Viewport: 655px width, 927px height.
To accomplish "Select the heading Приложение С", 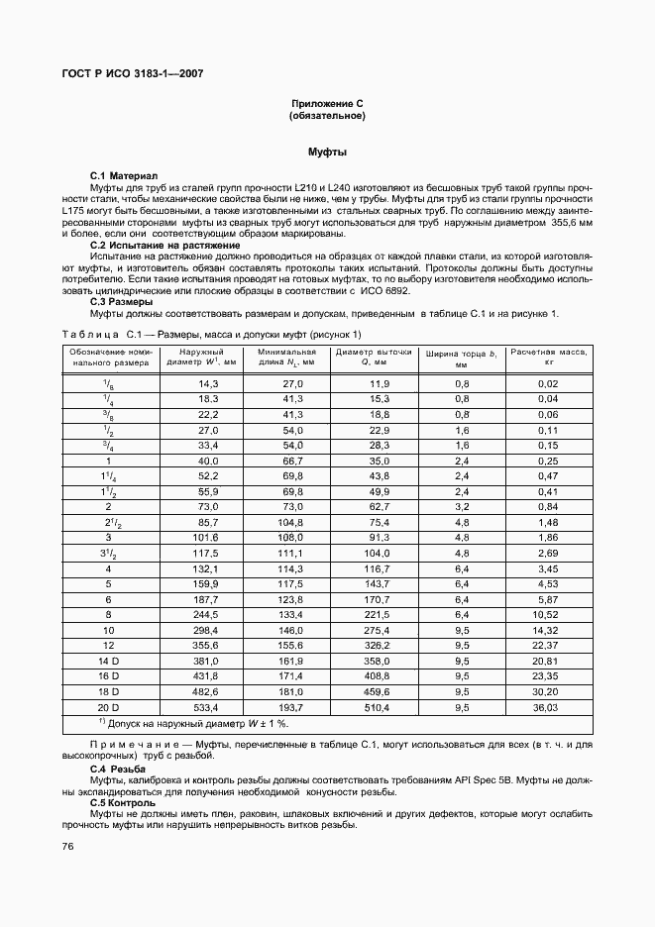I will pos(327,103).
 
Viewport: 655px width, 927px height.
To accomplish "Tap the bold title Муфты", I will pos(327,153).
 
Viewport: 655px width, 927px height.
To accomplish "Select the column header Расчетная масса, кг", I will pos(548,357).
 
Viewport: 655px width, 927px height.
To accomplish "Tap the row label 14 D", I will pos(108,659).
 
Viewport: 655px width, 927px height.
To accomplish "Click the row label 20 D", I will pos(108,707).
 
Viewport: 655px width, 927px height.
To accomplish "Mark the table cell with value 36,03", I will pos(547,707).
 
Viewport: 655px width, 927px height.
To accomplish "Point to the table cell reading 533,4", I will pos(206,707).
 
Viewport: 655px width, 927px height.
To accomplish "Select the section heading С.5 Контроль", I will pos(123,802).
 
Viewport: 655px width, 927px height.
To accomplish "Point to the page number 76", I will pos(68,846).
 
